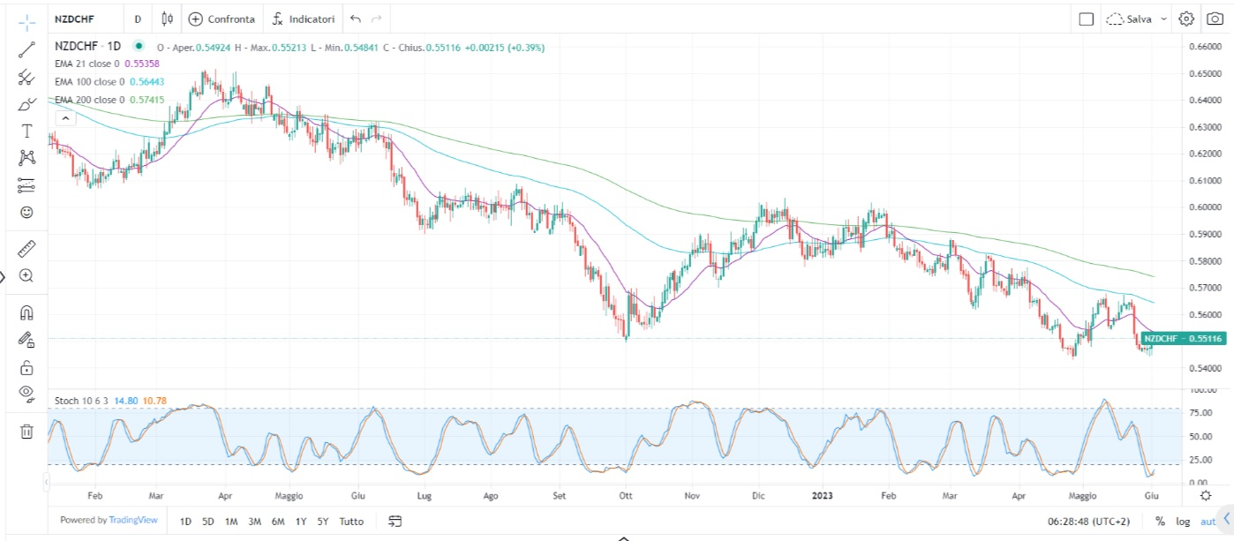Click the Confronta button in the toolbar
[x=222, y=19]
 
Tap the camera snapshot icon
[x=1215, y=19]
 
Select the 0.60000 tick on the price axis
[x=1204, y=207]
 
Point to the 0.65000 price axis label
[x=1204, y=73]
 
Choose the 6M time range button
[x=278, y=521]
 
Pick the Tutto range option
[x=351, y=521]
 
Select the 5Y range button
[x=324, y=521]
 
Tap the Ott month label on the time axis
[x=626, y=496]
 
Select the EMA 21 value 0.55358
[x=141, y=64]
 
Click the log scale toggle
[x=1182, y=522]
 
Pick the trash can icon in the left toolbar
[x=26, y=432]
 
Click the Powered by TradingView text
[x=109, y=521]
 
